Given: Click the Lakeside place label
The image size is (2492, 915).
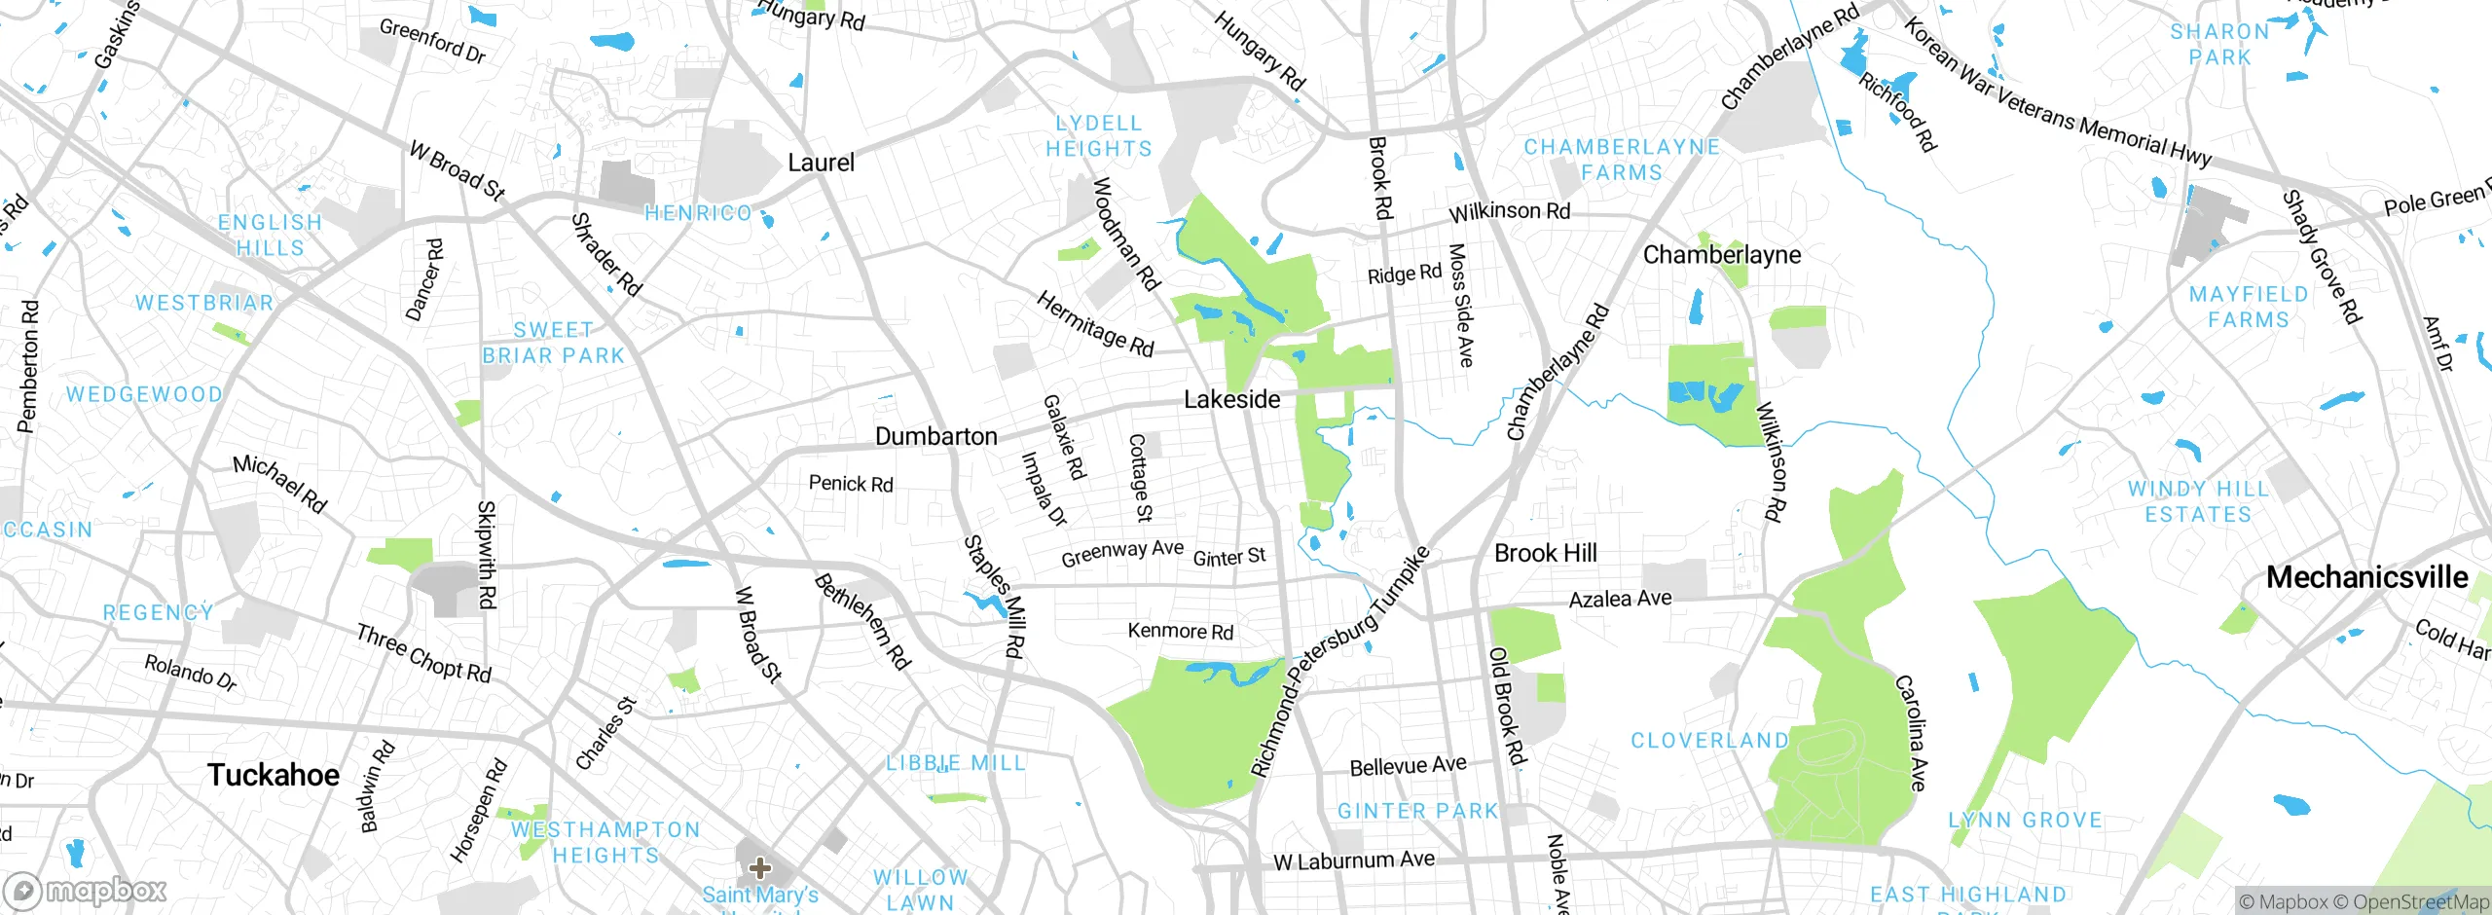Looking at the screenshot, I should click(x=1231, y=399).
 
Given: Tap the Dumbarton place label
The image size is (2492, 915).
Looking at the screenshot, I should click(x=935, y=436).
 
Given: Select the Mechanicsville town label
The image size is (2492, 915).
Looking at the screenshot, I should click(x=2366, y=577).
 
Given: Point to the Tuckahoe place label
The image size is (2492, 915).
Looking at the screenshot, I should click(x=274, y=775).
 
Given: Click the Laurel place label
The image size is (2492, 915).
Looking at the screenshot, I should click(x=821, y=163).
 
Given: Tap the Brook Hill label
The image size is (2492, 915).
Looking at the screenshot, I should click(x=1545, y=553).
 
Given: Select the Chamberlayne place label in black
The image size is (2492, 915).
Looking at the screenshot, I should click(x=1721, y=255).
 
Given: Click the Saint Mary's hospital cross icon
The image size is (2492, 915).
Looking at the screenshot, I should click(x=760, y=867).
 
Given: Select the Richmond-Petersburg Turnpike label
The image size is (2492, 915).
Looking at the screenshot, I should click(x=1339, y=662).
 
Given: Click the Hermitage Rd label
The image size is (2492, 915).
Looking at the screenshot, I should click(x=1094, y=324).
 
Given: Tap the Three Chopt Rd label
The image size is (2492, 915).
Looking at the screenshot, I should click(x=423, y=653).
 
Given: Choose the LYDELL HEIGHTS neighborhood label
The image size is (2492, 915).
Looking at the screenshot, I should click(x=1098, y=136).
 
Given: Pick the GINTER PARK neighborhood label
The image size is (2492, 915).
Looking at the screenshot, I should click(x=1417, y=811).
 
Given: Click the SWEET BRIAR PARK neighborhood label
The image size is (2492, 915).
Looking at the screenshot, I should click(x=553, y=343).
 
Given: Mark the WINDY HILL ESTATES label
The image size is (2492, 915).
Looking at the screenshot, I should click(x=2198, y=501).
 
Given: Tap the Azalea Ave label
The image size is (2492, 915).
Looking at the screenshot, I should click(x=1620, y=599).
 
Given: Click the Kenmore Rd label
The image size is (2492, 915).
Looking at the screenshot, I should click(x=1180, y=631).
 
